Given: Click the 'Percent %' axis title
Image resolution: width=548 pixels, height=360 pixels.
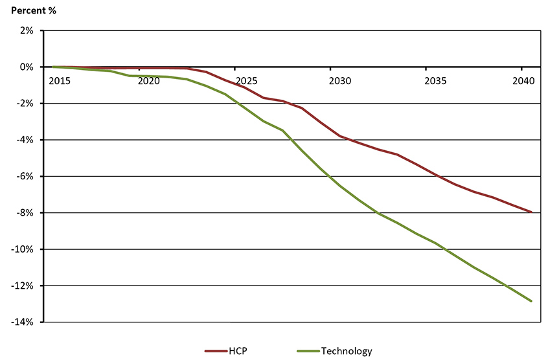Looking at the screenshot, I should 30,10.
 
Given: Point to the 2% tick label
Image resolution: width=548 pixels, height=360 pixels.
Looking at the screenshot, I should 27,30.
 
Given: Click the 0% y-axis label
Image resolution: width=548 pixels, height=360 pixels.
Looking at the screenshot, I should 27,67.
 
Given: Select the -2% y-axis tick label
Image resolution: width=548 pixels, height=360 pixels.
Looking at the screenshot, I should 26,104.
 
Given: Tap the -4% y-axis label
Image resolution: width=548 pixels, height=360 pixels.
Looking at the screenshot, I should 26,140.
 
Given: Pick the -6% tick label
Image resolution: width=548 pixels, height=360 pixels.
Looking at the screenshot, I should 26,176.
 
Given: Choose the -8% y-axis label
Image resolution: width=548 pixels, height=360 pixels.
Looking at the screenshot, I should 26,213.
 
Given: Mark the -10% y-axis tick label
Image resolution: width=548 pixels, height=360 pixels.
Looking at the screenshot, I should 24,249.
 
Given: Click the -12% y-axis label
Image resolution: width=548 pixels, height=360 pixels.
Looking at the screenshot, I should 24,286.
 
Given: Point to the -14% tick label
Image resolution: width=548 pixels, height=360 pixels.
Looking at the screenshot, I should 24,322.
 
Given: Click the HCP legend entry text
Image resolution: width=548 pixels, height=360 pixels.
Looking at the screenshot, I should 238,351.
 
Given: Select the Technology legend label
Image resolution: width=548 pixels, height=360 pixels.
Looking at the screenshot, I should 347,351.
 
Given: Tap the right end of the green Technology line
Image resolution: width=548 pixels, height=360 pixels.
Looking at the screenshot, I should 531,301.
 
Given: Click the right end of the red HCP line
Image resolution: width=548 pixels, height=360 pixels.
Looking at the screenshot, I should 531,212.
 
